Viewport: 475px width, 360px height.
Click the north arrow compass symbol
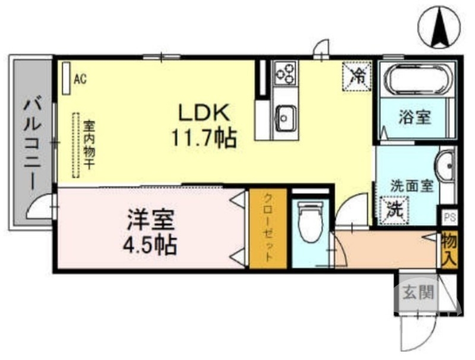[440, 26]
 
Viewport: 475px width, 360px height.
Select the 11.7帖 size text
[204, 138]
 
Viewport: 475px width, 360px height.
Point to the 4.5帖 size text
[150, 244]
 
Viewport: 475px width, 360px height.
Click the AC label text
[80, 78]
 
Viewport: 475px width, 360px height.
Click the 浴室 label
[414, 117]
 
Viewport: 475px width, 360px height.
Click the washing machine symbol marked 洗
[393, 209]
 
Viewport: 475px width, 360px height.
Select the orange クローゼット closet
[268, 229]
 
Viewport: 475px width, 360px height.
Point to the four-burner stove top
[285, 74]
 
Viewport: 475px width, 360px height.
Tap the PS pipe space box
[448, 216]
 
